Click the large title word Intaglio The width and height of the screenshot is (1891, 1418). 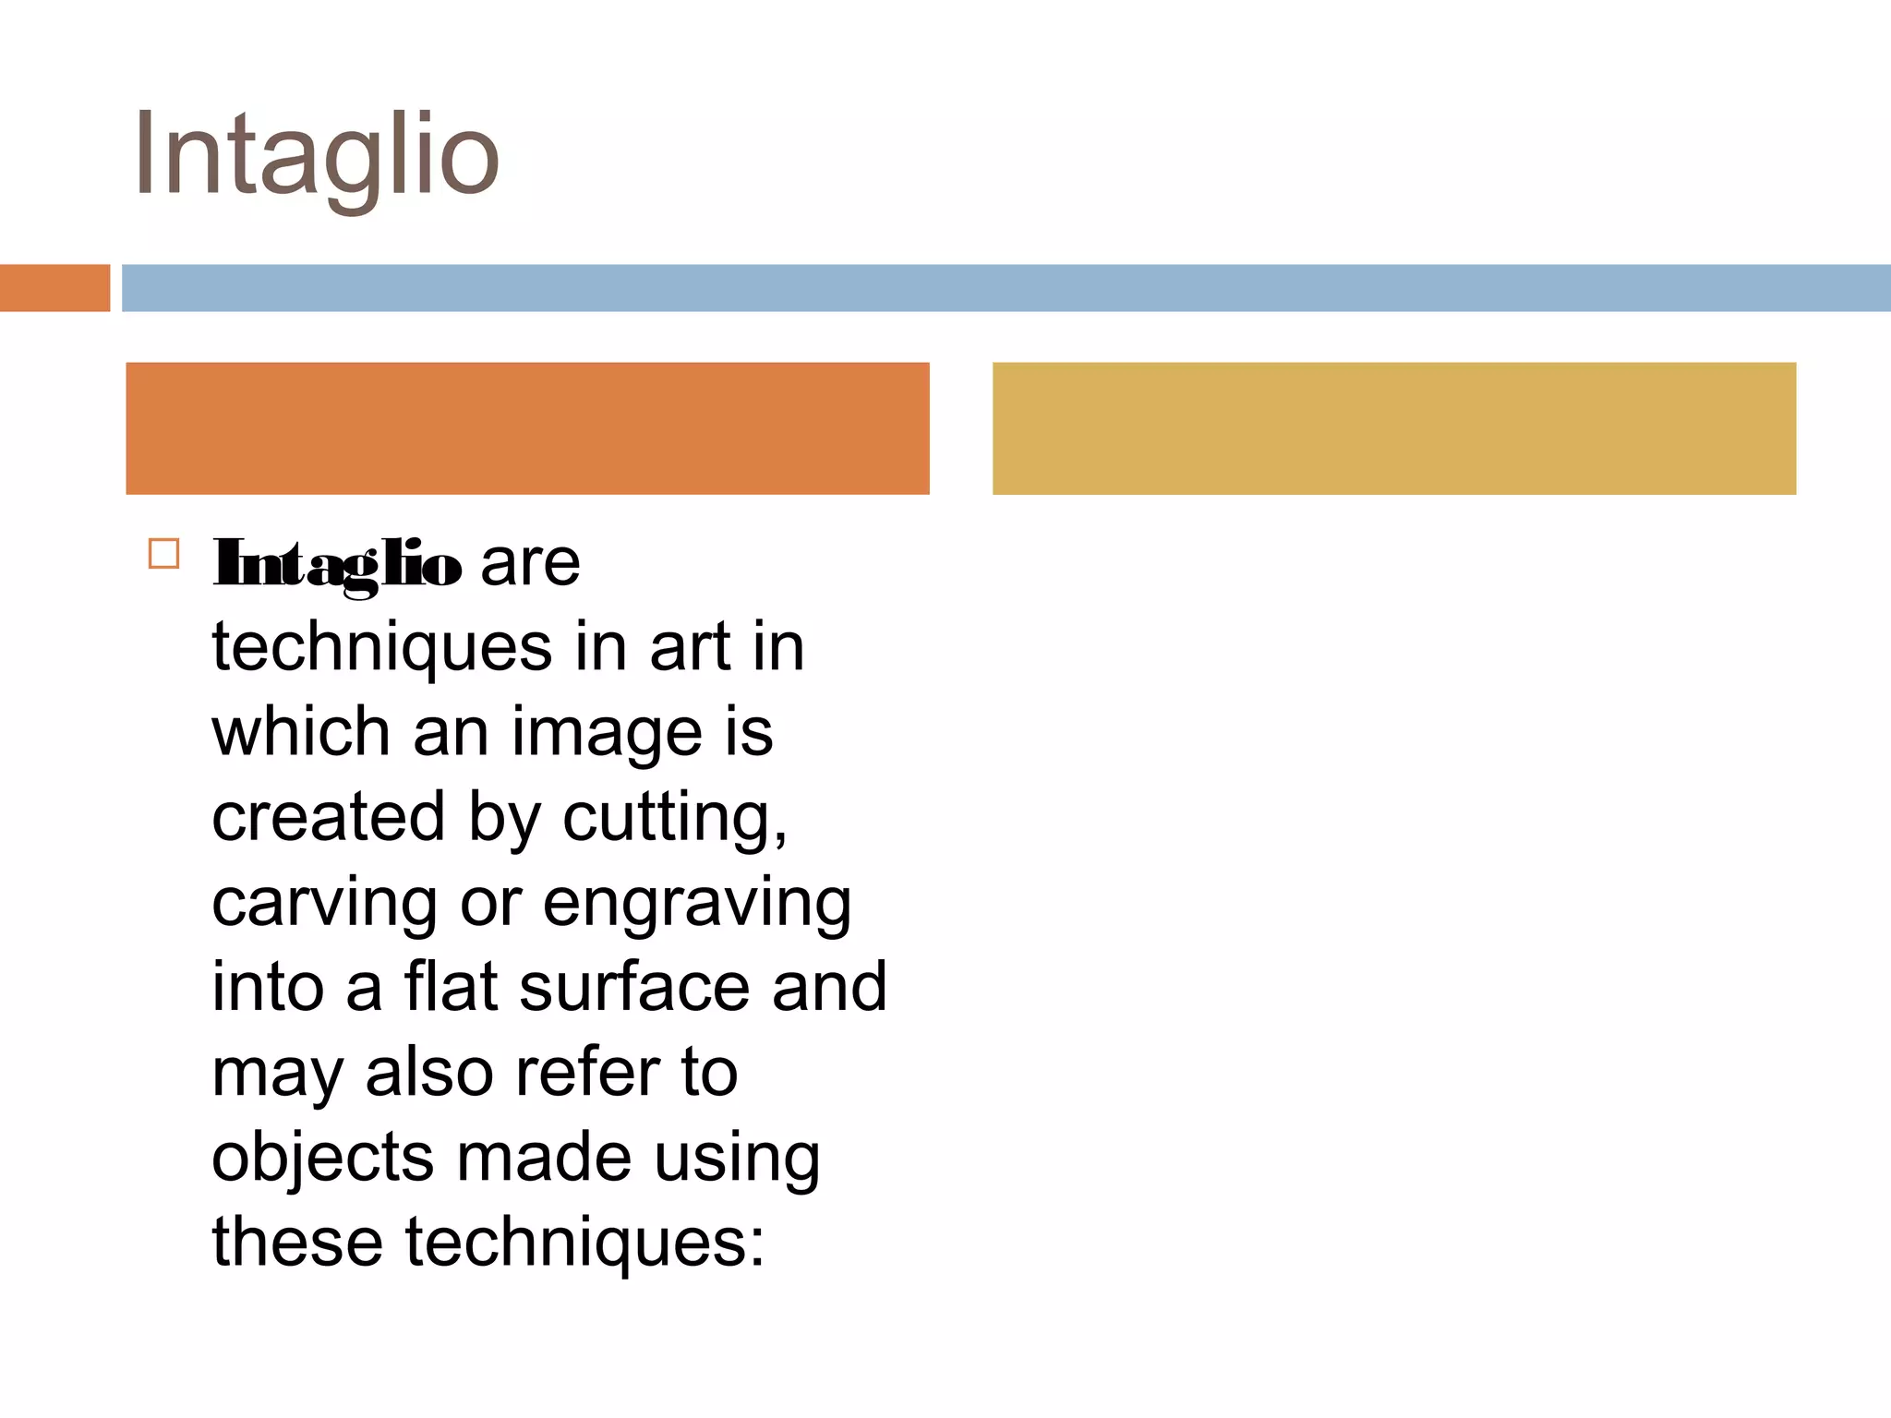click(316, 155)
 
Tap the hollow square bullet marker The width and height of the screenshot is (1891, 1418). click(163, 554)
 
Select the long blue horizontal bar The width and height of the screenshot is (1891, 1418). click(1006, 288)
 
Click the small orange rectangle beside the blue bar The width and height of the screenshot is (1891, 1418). click(54, 288)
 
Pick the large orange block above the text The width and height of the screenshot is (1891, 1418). click(527, 428)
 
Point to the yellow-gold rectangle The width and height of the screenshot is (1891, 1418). click(1394, 428)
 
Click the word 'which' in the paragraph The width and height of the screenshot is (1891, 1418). click(301, 731)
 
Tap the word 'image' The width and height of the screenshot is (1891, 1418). click(608, 733)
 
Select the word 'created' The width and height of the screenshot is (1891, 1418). click(329, 817)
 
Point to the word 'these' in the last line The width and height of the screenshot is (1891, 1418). click(297, 1242)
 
